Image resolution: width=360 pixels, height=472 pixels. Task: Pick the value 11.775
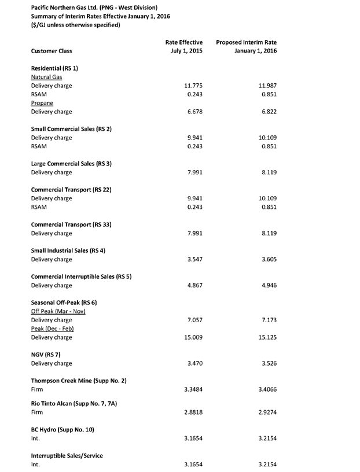click(x=192, y=85)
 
